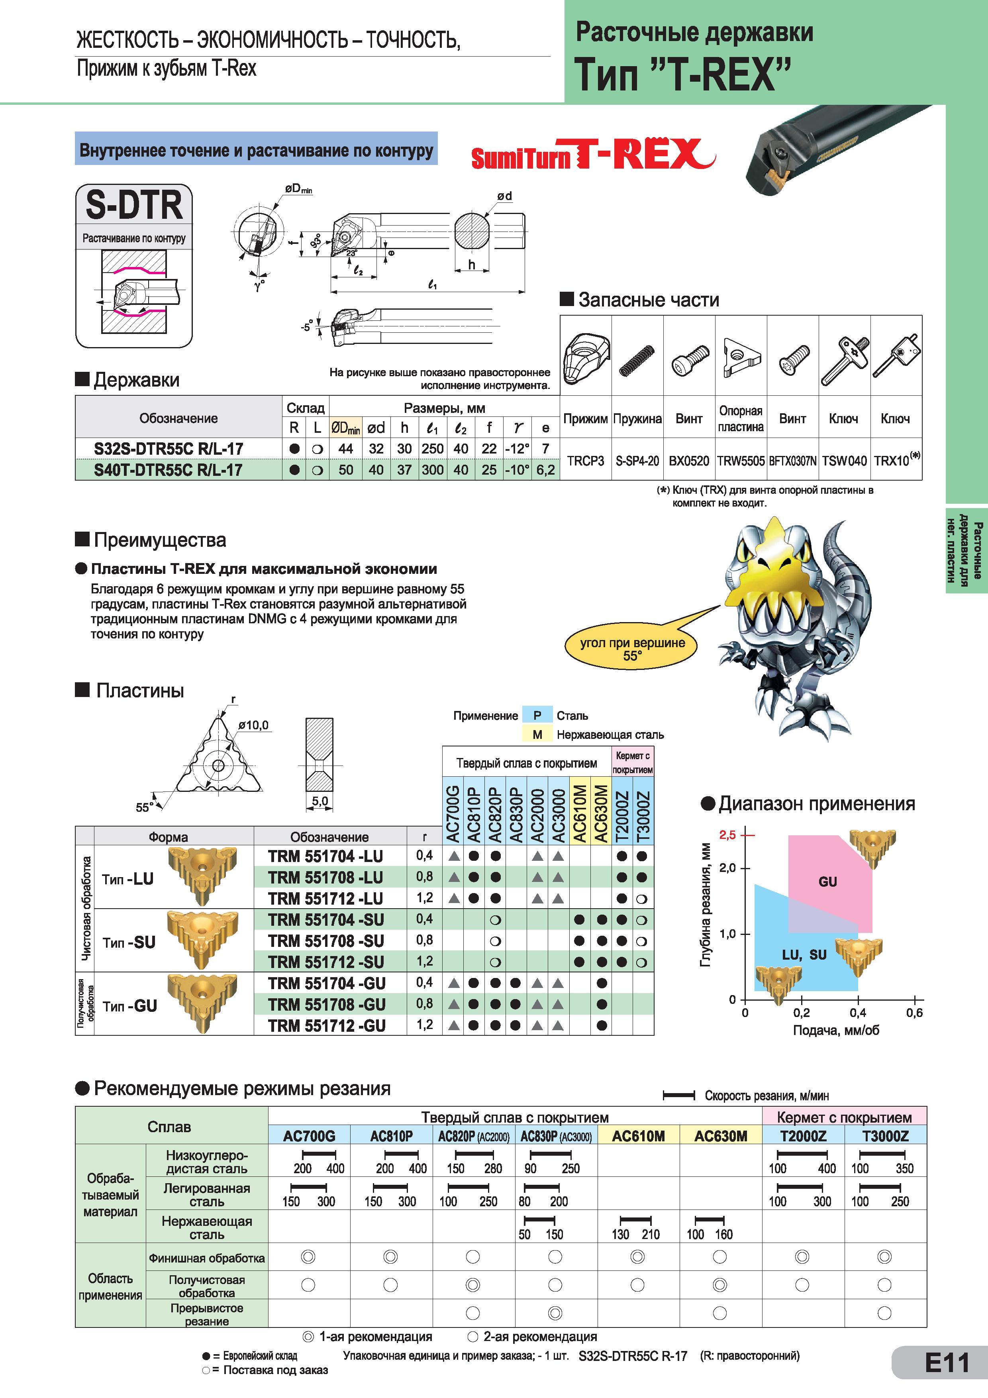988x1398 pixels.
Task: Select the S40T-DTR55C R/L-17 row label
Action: pos(168,469)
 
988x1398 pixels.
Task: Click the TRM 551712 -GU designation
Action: pos(327,1025)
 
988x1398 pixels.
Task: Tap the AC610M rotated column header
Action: pos(580,813)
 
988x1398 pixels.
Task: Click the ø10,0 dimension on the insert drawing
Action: pos(253,725)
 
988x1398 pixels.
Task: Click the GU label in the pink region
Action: pos(827,881)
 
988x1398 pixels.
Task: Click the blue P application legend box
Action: pos(537,715)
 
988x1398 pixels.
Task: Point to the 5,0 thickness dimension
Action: pos(320,801)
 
